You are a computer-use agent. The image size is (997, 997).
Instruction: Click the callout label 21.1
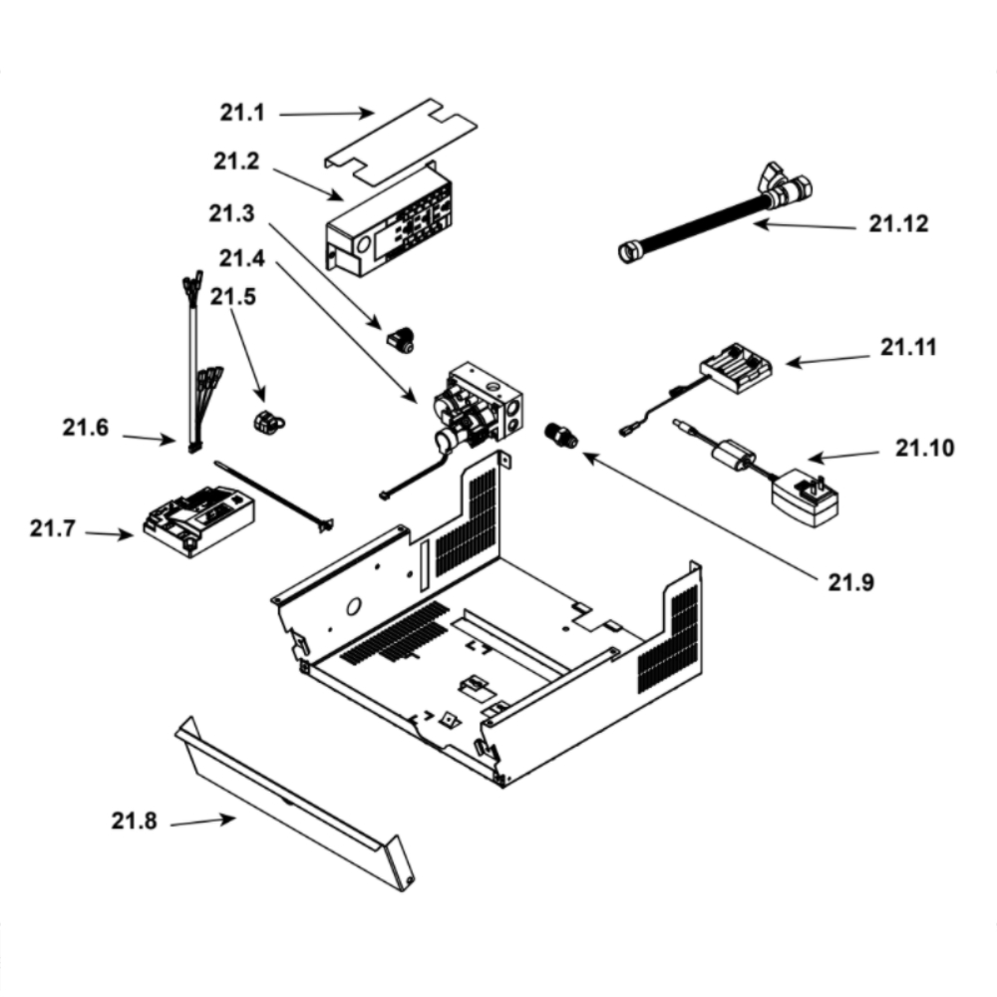[x=242, y=113]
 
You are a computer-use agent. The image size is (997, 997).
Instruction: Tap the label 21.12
[x=898, y=223]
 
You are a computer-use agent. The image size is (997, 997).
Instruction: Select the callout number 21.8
[x=134, y=821]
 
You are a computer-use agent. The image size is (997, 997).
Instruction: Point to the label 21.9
[x=850, y=582]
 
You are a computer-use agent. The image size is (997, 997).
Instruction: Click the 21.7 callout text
[x=52, y=528]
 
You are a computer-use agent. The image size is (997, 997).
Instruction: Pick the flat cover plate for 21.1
[x=401, y=142]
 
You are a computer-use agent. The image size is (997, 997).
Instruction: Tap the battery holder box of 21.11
[x=737, y=368]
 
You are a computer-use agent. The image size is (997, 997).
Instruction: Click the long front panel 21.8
[x=294, y=805]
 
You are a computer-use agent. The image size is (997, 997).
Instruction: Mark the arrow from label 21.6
[x=149, y=439]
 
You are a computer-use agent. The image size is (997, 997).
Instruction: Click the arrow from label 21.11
[x=828, y=361]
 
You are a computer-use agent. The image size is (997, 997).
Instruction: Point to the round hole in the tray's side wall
[x=354, y=606]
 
